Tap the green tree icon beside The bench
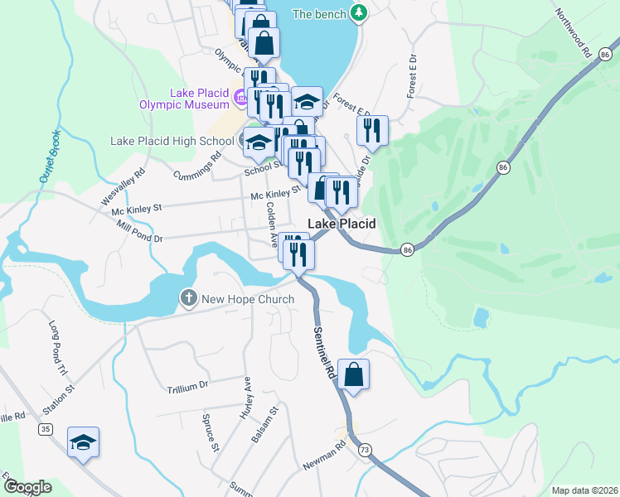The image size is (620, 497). [358, 13]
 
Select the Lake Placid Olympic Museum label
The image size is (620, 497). [199, 99]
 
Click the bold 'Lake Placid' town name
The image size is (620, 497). [341, 224]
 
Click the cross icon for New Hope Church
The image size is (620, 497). [188, 298]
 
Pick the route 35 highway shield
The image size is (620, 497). [45, 429]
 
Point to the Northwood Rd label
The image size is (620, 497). [573, 32]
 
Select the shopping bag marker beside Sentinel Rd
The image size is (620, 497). [353, 375]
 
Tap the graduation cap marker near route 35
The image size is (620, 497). [83, 443]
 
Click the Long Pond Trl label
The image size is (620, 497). [57, 347]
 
